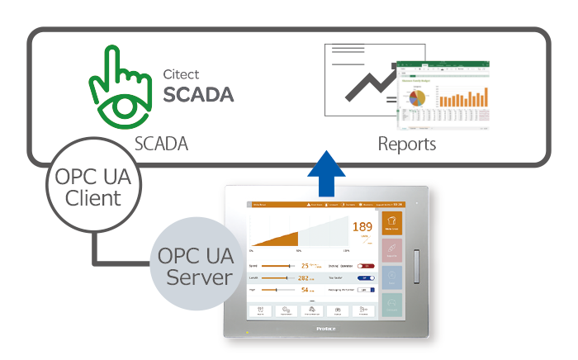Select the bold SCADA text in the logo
(198, 93)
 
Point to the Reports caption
(407, 144)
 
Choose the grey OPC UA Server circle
(194, 264)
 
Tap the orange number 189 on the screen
(362, 226)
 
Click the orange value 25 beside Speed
(305, 266)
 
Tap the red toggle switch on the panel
(366, 266)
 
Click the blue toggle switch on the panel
(366, 278)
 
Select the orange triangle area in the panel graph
(281, 238)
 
